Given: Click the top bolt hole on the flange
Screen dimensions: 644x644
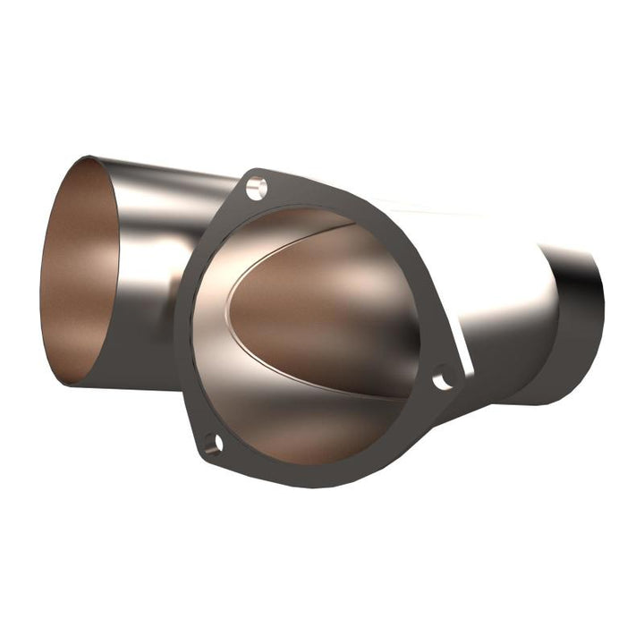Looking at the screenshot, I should (x=257, y=189).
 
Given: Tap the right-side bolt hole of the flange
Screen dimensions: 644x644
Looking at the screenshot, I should (x=442, y=380).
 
